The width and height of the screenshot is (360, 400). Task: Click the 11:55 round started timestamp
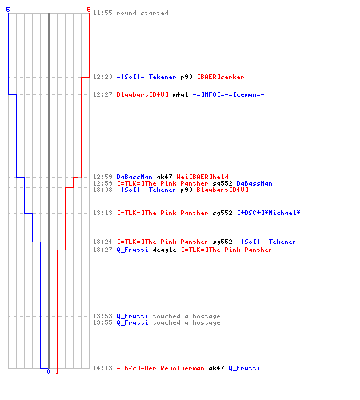[102, 13]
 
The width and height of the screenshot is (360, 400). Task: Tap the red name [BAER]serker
[220, 77]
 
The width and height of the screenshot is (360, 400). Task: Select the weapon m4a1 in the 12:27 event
[180, 94]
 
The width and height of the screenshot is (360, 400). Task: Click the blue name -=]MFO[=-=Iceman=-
[228, 94]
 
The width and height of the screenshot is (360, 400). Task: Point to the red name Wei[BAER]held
[202, 177]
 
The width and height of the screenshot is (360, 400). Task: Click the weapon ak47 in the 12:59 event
[164, 177]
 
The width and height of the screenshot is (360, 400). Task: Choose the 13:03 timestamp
[102, 190]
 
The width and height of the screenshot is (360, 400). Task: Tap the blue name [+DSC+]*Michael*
[269, 213]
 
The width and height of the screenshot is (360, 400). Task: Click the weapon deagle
[164, 250]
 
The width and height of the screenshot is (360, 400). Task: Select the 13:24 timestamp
[102, 242]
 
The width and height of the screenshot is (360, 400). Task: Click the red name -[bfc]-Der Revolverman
[160, 368]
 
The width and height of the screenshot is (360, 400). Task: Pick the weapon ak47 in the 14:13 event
[216, 368]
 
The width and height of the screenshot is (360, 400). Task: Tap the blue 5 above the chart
[8, 10]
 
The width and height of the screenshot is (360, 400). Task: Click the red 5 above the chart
[89, 10]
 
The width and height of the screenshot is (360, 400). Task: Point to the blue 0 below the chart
[48, 371]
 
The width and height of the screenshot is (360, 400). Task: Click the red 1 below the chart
[57, 371]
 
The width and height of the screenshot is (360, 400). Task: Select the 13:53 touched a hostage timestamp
[102, 316]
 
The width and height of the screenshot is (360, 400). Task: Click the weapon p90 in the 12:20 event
[186, 77]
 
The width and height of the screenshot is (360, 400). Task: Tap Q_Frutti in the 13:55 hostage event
[132, 322]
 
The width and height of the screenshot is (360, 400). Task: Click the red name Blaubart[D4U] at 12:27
[142, 94]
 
